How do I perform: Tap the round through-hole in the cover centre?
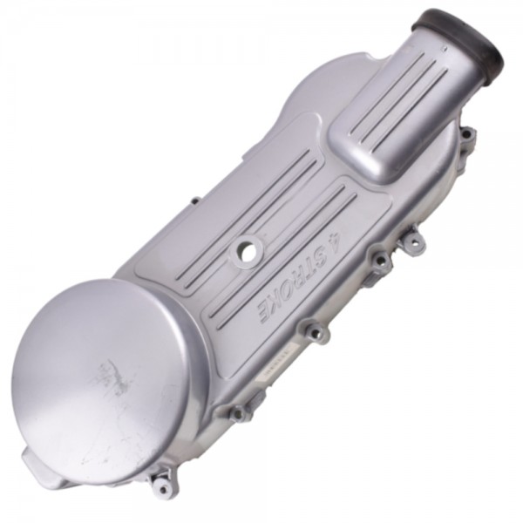point(248,249)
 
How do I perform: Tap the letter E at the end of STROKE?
point(264,314)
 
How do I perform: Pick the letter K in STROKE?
point(275,302)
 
